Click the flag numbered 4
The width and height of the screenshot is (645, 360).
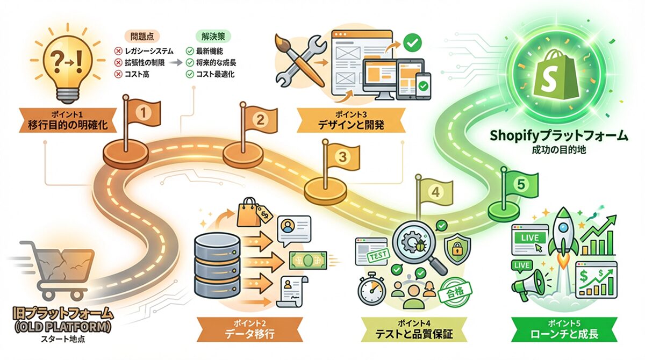[435, 192]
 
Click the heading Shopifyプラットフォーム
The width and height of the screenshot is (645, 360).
[558, 135]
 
